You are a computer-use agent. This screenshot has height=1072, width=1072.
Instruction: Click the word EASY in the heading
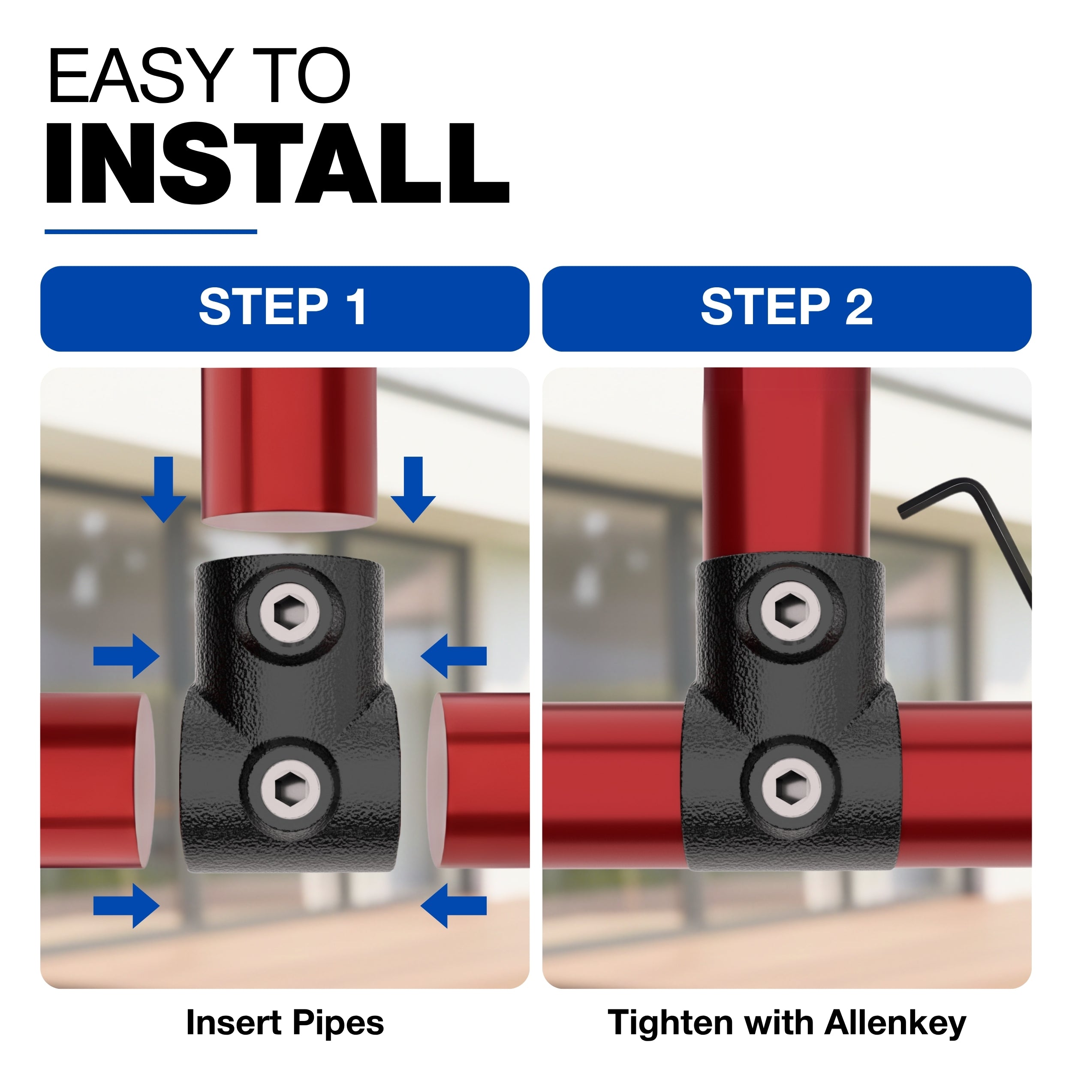click(139, 76)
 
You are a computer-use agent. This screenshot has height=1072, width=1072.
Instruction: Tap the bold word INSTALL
click(277, 164)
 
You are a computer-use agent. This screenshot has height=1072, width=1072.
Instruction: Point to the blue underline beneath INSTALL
click(151, 232)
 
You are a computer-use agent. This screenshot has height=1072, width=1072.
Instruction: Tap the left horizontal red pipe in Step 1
click(97, 780)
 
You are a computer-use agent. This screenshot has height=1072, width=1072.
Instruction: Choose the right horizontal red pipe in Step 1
click(478, 780)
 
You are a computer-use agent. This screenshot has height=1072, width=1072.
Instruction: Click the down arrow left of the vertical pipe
click(164, 489)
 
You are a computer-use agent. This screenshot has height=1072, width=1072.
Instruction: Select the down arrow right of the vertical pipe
click(413, 489)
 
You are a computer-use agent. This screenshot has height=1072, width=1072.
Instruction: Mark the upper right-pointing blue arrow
click(126, 656)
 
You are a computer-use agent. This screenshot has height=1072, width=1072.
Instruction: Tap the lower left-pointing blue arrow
click(454, 906)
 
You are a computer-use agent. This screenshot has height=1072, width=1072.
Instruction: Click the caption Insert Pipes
click(285, 1023)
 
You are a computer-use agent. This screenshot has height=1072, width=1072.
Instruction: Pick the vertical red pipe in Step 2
click(787, 463)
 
